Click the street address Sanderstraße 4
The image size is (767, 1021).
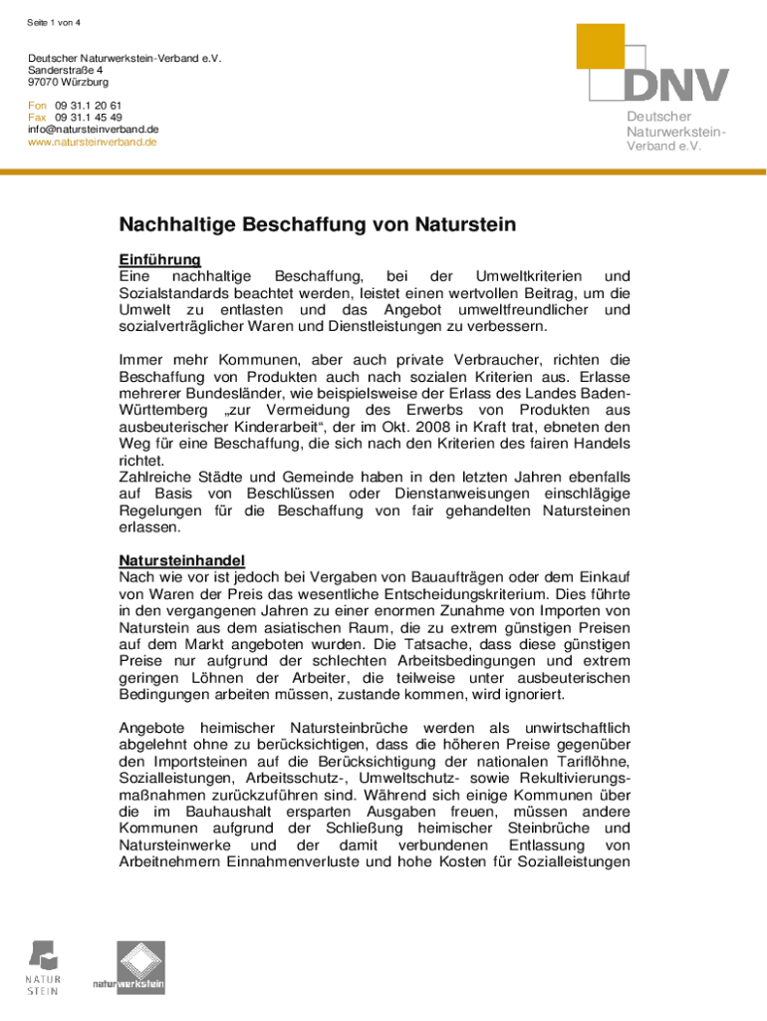[x=66, y=71]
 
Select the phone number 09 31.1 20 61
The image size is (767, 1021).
[x=89, y=105]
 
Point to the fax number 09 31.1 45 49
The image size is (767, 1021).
[x=89, y=117]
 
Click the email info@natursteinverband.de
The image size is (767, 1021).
[x=94, y=129]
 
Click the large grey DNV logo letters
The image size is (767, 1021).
[x=677, y=86]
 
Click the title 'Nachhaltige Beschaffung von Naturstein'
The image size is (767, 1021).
[x=318, y=225]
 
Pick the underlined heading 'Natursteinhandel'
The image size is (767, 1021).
[x=182, y=559]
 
